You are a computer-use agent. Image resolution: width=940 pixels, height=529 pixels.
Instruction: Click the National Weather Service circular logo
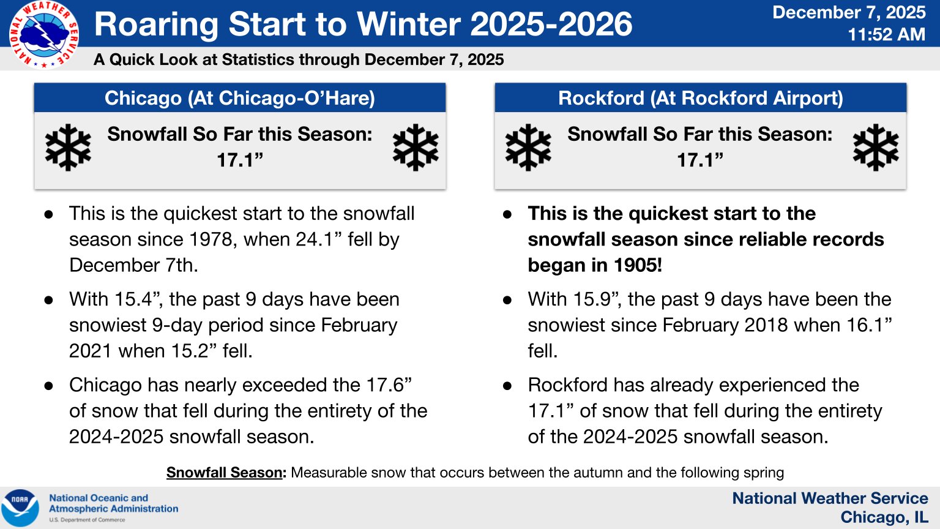[43, 35]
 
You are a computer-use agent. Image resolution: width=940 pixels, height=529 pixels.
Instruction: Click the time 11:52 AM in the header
[886, 34]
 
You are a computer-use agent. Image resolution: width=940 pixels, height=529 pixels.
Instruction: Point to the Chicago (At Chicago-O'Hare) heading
[240, 98]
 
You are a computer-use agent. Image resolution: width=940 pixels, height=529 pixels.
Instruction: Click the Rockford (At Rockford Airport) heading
[700, 98]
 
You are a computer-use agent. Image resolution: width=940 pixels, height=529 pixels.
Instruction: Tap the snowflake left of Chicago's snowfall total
[68, 148]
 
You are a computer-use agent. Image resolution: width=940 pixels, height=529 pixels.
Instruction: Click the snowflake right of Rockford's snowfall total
[876, 148]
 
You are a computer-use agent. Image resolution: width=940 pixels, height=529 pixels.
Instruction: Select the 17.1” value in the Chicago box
[240, 160]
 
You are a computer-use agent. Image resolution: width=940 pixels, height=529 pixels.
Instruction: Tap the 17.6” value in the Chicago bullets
[389, 385]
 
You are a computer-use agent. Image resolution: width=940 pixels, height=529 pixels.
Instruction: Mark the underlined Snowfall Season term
[225, 473]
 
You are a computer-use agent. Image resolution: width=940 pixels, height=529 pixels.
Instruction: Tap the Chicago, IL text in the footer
[884, 517]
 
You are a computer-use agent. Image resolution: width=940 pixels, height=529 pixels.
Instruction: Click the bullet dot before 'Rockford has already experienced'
[507, 386]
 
